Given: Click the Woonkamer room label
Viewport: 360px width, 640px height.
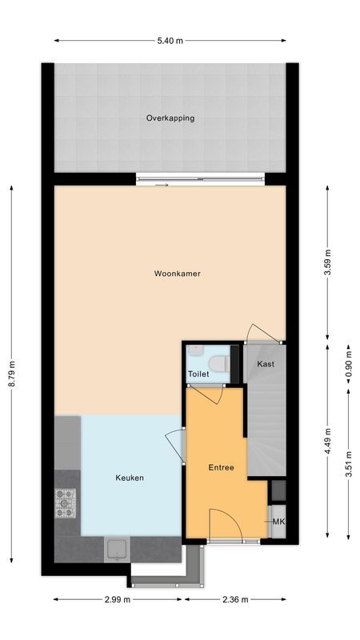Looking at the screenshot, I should tap(177, 274).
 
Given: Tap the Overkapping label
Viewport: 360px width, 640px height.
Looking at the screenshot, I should tap(170, 118).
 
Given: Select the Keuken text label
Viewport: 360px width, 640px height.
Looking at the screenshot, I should tap(130, 478).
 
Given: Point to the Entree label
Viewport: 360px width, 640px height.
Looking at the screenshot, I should tap(221, 467).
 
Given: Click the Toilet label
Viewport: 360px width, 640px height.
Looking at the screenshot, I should tap(199, 374).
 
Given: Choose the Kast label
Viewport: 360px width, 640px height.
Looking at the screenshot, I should tap(266, 364).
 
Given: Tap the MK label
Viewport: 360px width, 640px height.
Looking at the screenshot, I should tap(278, 522).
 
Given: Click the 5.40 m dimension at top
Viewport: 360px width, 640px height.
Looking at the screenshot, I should tap(170, 41).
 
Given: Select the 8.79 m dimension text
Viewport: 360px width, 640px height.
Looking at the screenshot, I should tap(11, 373).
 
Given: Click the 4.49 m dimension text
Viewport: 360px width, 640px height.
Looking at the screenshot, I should tap(327, 440).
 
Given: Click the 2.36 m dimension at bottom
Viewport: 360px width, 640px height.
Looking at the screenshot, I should tap(236, 599).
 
